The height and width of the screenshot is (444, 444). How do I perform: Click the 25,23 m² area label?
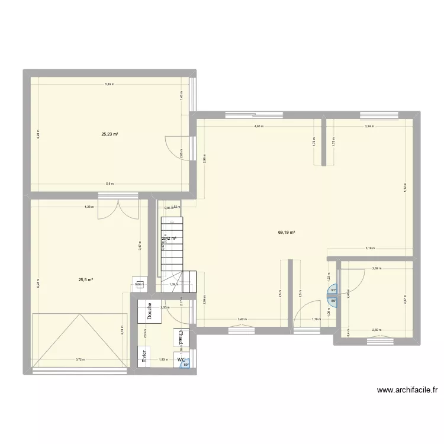point(110,134)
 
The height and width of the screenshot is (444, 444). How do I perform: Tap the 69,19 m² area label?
point(287,233)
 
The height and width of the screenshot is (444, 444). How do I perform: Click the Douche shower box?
point(149,312)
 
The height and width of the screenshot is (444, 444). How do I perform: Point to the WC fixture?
point(181,359)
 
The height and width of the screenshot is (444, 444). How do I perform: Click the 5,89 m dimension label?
point(110,85)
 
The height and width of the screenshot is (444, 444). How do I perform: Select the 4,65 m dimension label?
point(259,126)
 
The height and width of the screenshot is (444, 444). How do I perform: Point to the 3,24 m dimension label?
point(369,126)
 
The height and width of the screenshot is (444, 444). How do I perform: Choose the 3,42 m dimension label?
point(242,319)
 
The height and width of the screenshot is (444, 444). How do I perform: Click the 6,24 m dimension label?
point(37,282)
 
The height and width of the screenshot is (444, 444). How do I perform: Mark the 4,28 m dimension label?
point(37,135)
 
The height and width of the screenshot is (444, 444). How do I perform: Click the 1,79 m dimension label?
point(316,319)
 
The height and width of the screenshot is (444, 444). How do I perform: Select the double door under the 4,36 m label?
point(118,209)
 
